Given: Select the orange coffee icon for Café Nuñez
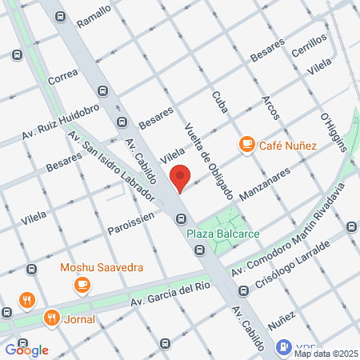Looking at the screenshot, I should tap(246, 145).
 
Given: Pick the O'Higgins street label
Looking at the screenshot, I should tap(331, 131).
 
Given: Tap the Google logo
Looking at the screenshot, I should tap(26, 350).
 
